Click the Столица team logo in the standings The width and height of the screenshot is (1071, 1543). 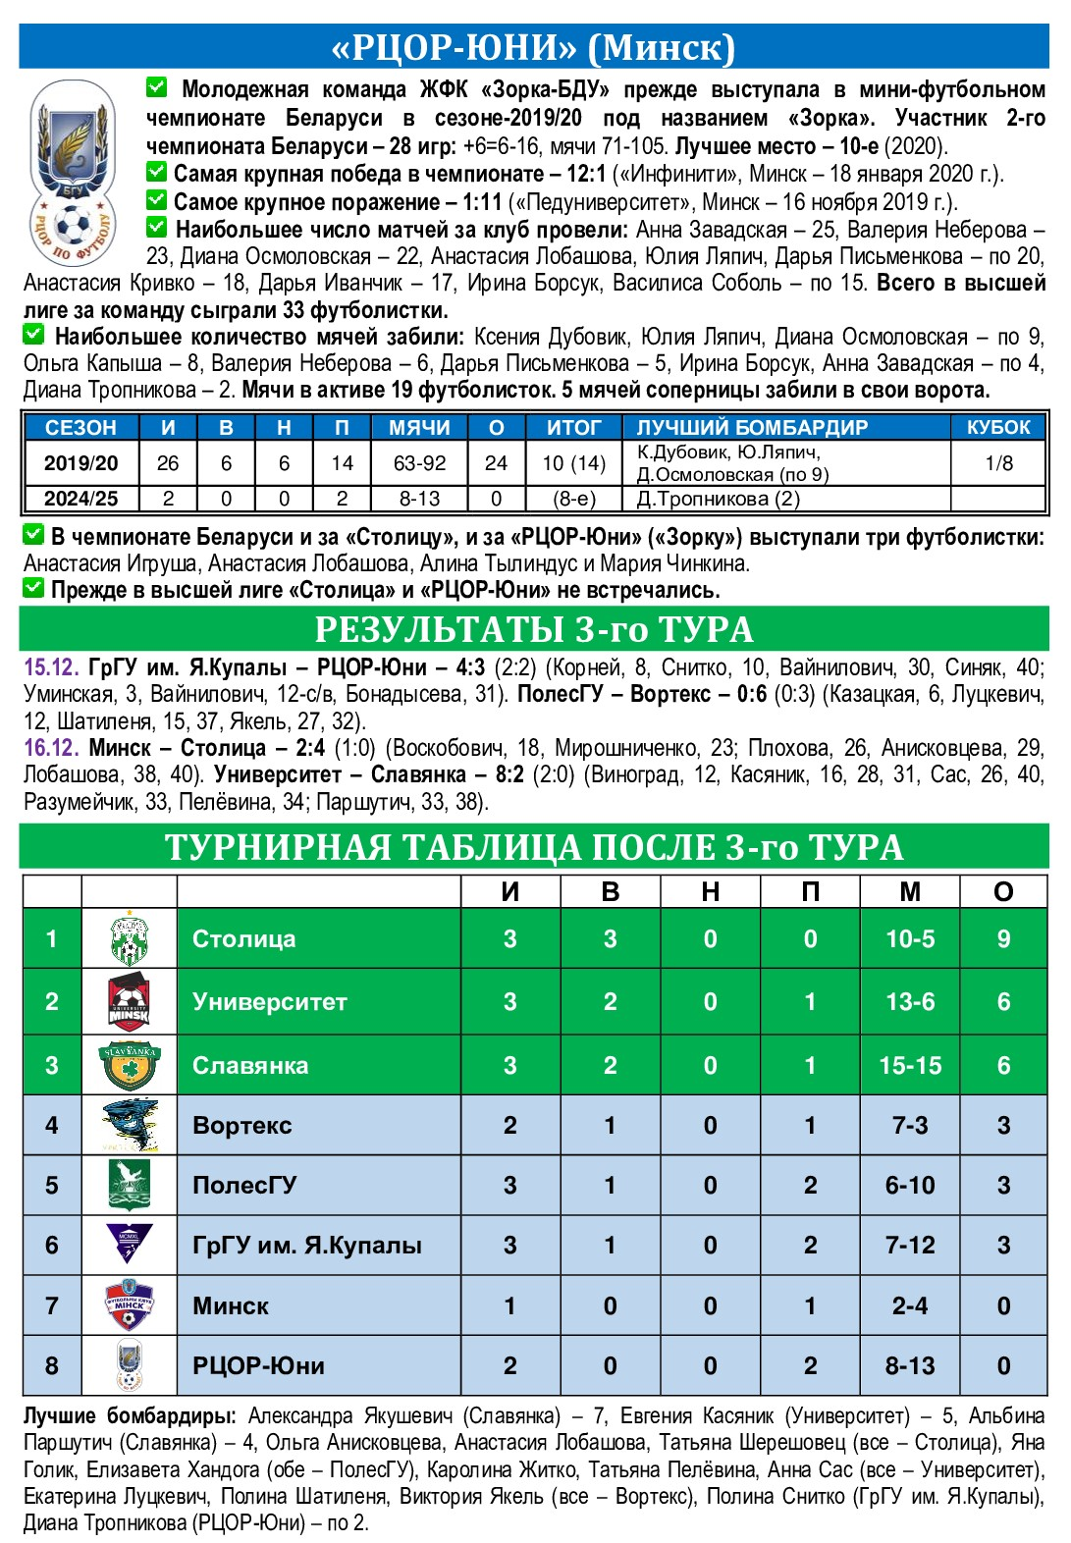[129, 939]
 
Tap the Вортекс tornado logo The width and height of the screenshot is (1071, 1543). [129, 1125]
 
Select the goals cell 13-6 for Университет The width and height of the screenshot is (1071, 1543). [909, 1002]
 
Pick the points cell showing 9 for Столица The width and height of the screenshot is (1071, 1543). [1002, 939]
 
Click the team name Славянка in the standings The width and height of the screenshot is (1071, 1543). [250, 1066]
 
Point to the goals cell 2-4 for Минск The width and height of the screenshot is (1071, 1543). [909, 1306]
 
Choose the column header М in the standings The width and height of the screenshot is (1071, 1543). [909, 891]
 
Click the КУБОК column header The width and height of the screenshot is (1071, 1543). [998, 428]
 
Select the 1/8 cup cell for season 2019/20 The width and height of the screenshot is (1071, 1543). [998, 463]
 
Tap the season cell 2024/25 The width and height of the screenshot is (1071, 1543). [80, 499]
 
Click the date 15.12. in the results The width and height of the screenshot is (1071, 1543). [51, 668]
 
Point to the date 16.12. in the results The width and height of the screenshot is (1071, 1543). [51, 749]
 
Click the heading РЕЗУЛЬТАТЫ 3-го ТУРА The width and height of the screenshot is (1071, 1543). [534, 629]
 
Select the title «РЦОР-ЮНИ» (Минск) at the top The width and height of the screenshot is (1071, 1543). [534, 47]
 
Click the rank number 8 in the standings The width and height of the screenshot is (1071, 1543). [52, 1366]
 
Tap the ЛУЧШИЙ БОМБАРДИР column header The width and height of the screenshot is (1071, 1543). [752, 428]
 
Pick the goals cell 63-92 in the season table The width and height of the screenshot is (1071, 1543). [419, 463]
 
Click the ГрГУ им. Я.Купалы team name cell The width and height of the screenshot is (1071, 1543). [307, 1246]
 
